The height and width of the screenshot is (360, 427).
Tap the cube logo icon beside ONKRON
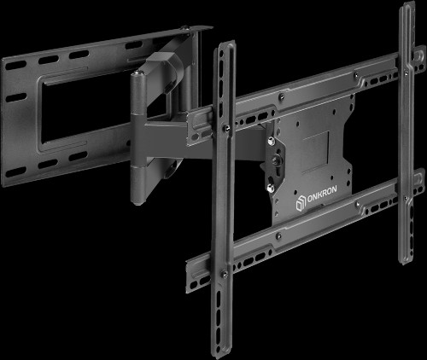point(300,203)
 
